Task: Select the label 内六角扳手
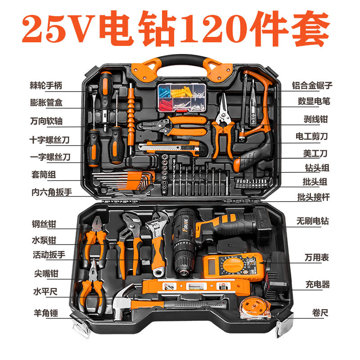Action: click(51, 192)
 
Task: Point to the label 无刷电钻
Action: click(312, 221)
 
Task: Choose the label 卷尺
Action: click(319, 312)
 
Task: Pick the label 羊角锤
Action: click(46, 312)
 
